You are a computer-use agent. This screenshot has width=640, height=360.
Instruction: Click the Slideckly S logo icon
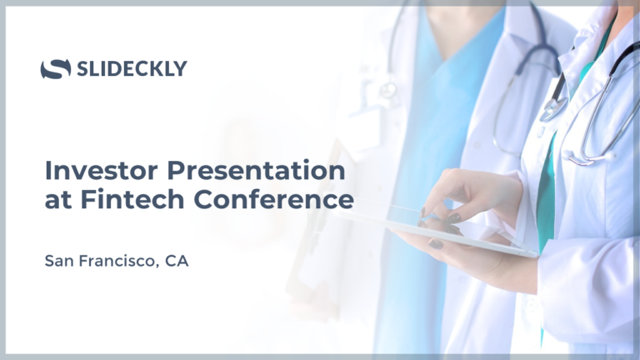[x=56, y=68]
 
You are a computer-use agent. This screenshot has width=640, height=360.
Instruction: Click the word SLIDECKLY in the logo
[x=132, y=68]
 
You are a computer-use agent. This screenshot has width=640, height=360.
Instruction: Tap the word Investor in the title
[x=101, y=170]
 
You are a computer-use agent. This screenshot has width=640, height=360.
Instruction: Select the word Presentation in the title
[x=256, y=170]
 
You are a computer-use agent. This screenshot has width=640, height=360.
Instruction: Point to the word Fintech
[x=132, y=199]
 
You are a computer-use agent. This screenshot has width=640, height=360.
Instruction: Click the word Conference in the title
[x=273, y=199]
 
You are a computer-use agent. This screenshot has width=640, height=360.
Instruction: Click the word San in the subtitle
[x=59, y=261]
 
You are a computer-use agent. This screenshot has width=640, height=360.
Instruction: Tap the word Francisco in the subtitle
[x=117, y=261]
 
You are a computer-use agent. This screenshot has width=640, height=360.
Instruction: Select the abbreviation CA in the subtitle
[x=177, y=261]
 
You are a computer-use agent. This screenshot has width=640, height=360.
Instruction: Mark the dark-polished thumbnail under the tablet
[x=435, y=244]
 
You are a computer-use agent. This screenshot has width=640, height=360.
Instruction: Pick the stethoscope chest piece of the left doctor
[x=387, y=90]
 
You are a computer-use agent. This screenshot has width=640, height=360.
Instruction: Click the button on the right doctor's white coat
[x=540, y=132]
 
